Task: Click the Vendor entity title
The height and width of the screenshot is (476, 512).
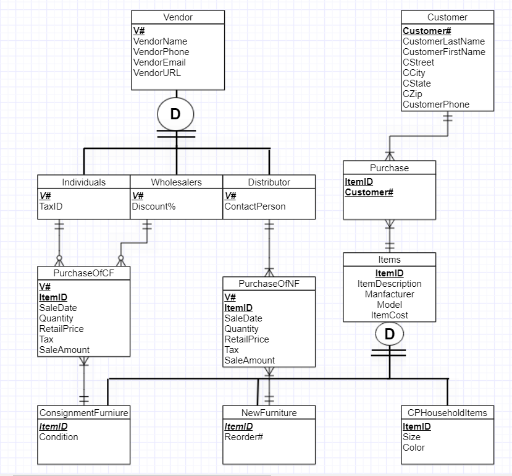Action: (x=178, y=17)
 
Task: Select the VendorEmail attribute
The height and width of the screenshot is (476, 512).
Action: (x=159, y=62)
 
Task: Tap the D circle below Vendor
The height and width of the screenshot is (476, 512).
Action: (x=175, y=114)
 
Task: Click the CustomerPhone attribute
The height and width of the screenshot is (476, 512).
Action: (x=436, y=104)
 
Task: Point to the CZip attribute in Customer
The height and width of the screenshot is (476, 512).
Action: (x=413, y=94)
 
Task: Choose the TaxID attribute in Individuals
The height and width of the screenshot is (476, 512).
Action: (x=51, y=206)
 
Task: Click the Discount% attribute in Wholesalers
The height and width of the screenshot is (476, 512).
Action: (x=153, y=206)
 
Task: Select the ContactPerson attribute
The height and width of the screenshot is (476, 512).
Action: (x=254, y=206)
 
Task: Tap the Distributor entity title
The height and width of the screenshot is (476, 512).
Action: (x=269, y=182)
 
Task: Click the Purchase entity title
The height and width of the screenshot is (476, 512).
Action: (x=389, y=168)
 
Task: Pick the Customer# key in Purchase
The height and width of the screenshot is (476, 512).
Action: (x=369, y=192)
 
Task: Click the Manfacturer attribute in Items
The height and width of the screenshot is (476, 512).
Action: (x=389, y=294)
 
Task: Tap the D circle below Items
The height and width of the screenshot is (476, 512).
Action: (x=390, y=334)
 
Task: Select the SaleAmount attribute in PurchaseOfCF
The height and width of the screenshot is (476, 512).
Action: (x=64, y=349)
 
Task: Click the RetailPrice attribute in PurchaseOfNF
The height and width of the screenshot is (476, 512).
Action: (x=246, y=339)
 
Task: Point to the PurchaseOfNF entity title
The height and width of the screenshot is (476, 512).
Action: (x=269, y=284)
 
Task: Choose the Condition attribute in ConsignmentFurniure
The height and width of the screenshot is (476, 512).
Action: (x=59, y=437)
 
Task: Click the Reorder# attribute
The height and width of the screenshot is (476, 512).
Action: (x=243, y=437)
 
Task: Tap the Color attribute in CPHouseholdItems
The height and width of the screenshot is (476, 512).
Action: (x=413, y=447)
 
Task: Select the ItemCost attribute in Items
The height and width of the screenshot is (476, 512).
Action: (x=389, y=315)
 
